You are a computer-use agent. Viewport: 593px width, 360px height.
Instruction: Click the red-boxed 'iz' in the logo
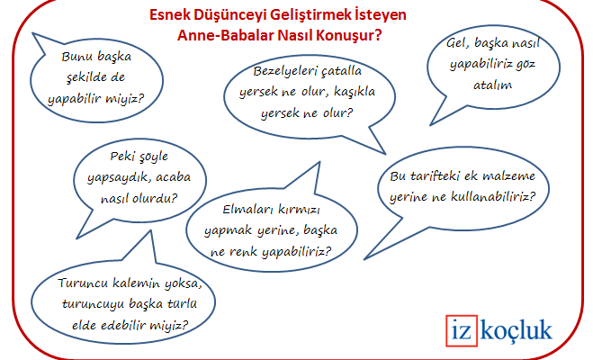(x=461, y=330)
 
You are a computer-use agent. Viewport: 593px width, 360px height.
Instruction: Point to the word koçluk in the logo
(x=517, y=329)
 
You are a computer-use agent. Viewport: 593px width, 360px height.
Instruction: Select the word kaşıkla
(x=355, y=92)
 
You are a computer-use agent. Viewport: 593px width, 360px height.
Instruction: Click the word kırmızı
(x=299, y=209)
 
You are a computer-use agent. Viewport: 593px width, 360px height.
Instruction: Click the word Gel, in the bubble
(x=457, y=42)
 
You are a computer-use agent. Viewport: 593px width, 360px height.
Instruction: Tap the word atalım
(x=493, y=85)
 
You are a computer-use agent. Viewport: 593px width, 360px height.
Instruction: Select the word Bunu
(x=74, y=57)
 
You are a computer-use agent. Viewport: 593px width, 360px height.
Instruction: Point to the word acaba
(x=173, y=177)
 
